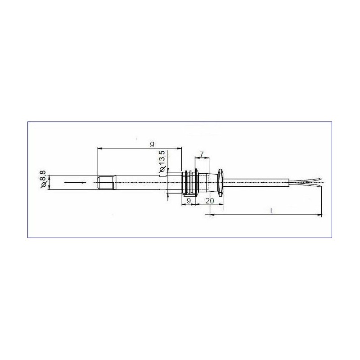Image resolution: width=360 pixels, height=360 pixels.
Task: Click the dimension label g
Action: click(152, 144)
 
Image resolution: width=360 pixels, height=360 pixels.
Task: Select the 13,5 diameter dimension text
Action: click(162, 158)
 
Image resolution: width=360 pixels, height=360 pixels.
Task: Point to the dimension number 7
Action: click(202, 154)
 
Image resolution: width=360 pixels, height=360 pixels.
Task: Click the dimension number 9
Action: click(189, 201)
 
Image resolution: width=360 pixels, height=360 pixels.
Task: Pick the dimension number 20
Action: click(210, 201)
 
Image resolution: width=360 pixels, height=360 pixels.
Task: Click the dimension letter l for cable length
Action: click(271, 211)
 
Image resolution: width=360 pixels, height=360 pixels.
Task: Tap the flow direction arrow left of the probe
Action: click(75, 183)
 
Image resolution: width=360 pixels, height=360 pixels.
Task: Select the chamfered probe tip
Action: click(106, 183)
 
